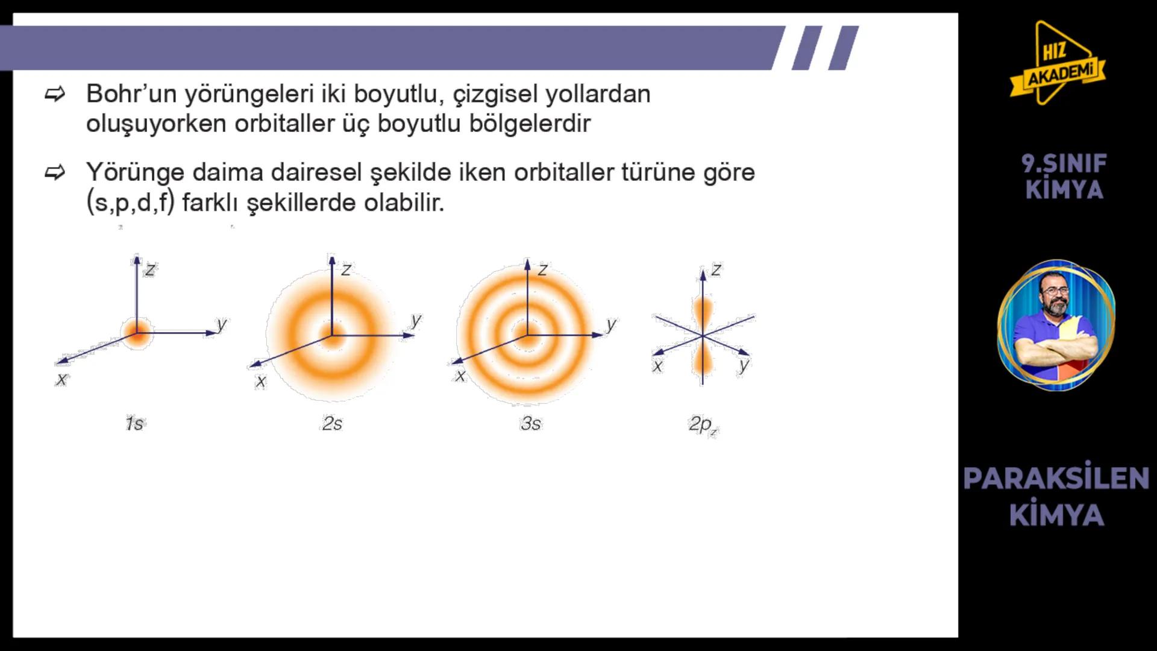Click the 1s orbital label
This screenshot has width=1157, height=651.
tap(134, 424)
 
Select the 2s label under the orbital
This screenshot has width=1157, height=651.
tap(332, 424)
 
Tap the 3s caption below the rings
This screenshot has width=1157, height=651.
tap(531, 424)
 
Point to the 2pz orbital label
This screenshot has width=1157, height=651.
tap(703, 425)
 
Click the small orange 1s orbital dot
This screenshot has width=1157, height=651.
tap(137, 332)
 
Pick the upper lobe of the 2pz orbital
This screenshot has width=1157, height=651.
tap(703, 310)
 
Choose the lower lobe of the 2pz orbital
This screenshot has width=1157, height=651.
tap(703, 362)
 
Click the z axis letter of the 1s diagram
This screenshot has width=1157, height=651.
tap(150, 269)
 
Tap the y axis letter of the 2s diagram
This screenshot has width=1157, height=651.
tap(416, 319)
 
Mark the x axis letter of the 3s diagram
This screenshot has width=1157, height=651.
tap(460, 376)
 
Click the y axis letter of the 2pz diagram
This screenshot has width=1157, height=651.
tap(744, 365)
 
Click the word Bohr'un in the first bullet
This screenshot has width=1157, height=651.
tap(131, 94)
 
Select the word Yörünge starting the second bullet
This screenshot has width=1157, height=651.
tap(135, 172)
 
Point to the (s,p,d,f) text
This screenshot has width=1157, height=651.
tap(130, 203)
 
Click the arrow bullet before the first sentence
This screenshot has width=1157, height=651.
tap(55, 94)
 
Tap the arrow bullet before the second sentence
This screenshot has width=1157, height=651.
tap(55, 173)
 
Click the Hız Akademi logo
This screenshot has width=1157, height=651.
tap(1058, 63)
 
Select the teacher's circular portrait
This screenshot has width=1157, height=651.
tap(1056, 325)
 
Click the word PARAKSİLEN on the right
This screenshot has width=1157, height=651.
tap(1056, 479)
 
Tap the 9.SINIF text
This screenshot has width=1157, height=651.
tap(1064, 163)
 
